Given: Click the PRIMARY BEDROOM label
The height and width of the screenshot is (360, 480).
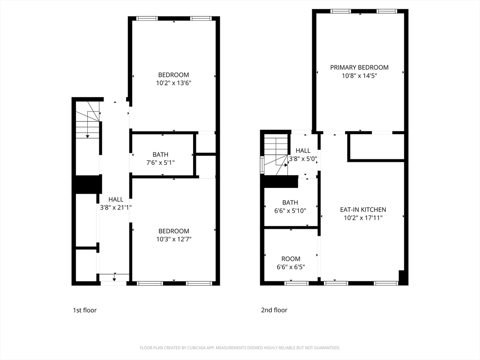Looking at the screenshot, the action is click(x=359, y=67).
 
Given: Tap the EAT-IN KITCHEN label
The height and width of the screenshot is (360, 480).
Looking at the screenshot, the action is click(x=363, y=210).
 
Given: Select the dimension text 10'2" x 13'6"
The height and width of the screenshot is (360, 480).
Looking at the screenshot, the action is click(x=173, y=82).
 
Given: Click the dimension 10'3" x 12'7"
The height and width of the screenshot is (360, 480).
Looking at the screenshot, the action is click(x=174, y=239).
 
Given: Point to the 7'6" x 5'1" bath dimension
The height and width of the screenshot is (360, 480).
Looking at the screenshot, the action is click(x=160, y=162).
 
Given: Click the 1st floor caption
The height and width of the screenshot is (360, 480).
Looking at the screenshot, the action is click(x=85, y=310).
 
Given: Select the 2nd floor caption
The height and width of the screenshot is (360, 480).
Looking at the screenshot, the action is click(x=274, y=310).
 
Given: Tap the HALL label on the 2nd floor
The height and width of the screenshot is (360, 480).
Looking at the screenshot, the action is click(x=303, y=150).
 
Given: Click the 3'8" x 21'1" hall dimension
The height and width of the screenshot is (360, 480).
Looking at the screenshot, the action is click(x=116, y=207).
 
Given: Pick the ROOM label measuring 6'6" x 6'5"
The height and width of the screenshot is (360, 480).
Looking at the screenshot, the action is click(x=291, y=259).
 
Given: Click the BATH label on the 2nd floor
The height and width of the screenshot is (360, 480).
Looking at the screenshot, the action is click(x=290, y=202).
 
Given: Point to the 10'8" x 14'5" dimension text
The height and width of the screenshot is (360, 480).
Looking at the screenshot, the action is click(x=360, y=75).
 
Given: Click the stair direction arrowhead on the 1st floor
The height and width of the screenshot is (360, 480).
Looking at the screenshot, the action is click(x=88, y=136).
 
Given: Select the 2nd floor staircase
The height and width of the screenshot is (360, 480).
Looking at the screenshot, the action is click(x=276, y=155).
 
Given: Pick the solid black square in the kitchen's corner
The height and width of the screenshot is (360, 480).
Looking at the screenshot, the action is click(x=403, y=277).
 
